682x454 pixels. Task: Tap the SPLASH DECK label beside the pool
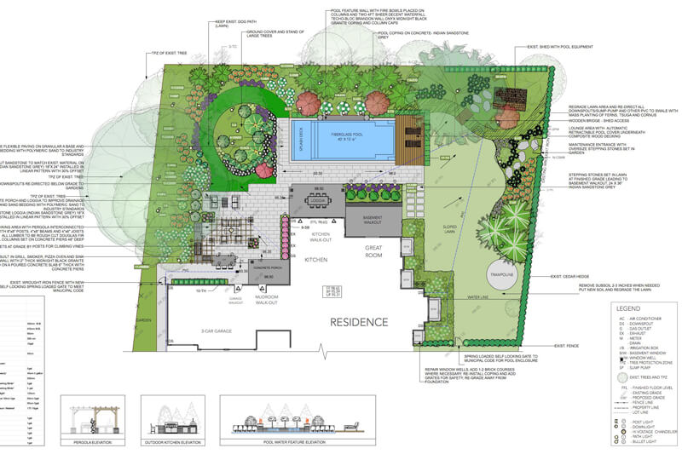[301, 139]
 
